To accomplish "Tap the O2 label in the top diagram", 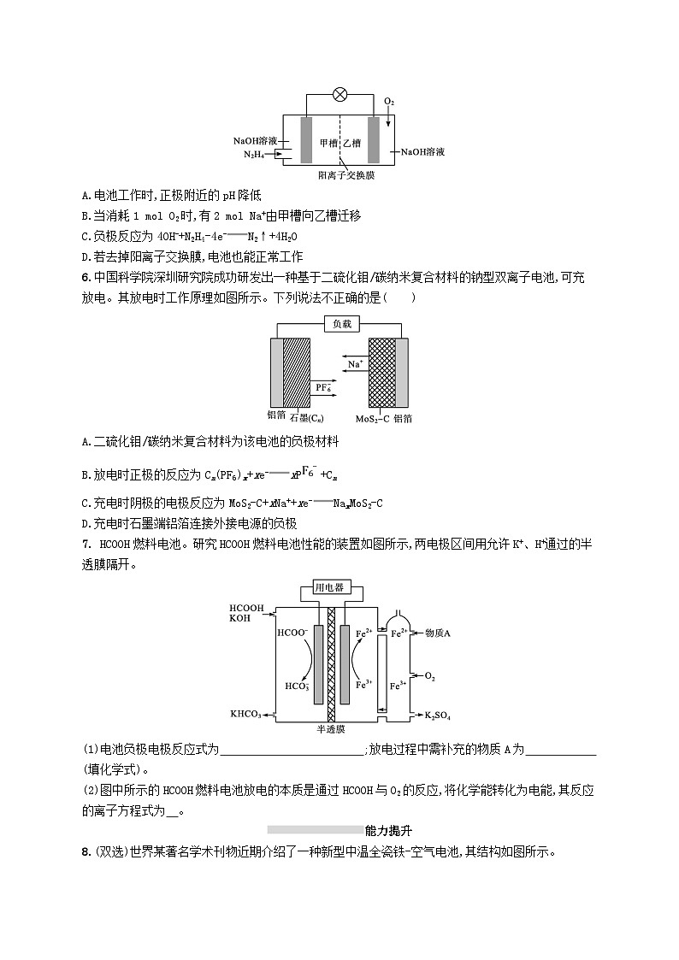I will pyautogui.click(x=389, y=103).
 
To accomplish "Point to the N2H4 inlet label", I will pyautogui.click(x=253, y=155).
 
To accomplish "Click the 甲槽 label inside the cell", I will pyautogui.click(x=328, y=144).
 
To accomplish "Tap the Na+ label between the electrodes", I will pyautogui.click(x=355, y=364).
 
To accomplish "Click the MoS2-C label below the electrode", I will pyautogui.click(x=373, y=419).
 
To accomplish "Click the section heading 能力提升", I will pyautogui.click(x=389, y=829).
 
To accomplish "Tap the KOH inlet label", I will pyautogui.click(x=240, y=617).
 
